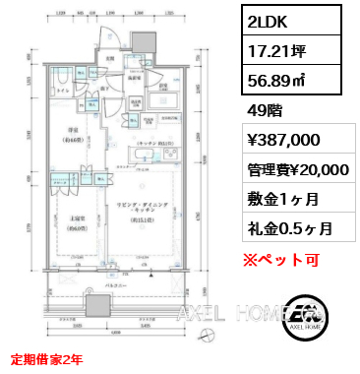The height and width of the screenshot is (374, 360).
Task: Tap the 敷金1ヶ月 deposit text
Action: pos(276,199)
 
